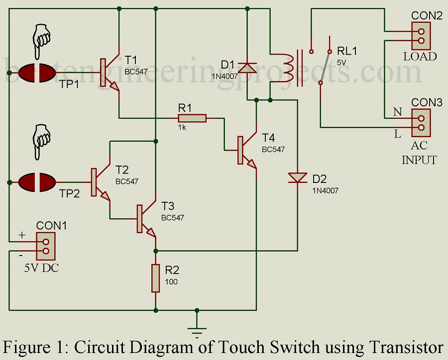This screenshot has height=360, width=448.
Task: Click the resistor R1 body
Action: tap(192, 118)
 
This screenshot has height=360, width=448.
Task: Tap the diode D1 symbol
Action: tap(247, 67)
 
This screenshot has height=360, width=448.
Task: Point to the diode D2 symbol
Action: tap(298, 178)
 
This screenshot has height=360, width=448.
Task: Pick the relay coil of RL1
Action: tap(287, 67)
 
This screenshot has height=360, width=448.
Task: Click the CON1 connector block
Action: tap(46, 246)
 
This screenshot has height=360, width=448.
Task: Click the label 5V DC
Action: tap(42, 269)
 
